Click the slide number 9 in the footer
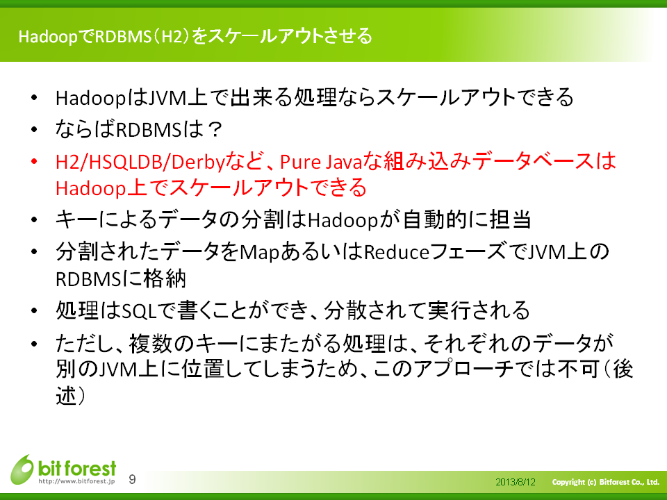click(x=132, y=479)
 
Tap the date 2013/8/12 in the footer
click(x=516, y=482)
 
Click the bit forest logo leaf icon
click(x=22, y=469)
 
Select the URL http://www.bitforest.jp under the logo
click(x=76, y=481)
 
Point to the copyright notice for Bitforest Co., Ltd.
click(x=605, y=482)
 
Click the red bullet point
click(x=34, y=162)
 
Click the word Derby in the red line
click(x=198, y=162)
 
